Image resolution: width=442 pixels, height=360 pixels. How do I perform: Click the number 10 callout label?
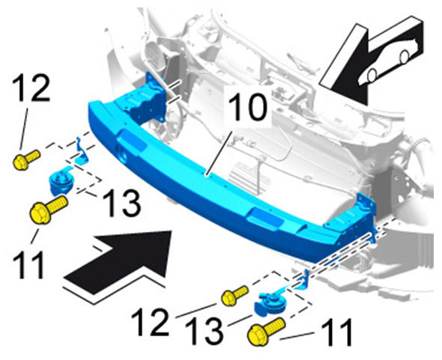(247, 107)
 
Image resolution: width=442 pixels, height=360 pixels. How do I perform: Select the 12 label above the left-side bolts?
(31, 87)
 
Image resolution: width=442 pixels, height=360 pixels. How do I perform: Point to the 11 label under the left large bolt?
(28, 265)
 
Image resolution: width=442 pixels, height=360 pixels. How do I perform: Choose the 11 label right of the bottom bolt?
(336, 332)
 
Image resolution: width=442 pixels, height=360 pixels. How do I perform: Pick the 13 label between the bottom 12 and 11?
(204, 332)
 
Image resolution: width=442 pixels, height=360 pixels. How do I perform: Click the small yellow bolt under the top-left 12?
(26, 159)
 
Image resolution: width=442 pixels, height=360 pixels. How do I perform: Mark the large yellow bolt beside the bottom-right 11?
(267, 332)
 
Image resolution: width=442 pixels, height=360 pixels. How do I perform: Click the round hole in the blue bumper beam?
(123, 155)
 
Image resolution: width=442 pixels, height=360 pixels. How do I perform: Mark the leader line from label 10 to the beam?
(220, 153)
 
